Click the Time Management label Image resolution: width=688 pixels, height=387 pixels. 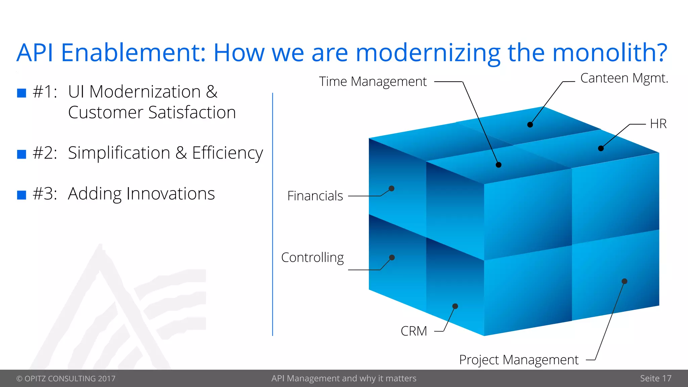pos(373,82)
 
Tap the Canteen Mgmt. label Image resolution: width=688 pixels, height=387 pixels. pos(624,78)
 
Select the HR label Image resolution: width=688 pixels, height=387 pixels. pos(658,124)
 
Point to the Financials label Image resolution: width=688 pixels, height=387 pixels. pos(315,196)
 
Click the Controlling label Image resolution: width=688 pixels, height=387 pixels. pos(312,258)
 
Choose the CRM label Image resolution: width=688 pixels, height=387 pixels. pos(414,331)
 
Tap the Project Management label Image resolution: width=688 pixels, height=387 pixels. pos(519,360)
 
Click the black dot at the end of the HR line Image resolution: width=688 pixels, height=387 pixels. pos(601,148)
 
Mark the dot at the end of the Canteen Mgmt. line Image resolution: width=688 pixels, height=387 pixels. pos(530,125)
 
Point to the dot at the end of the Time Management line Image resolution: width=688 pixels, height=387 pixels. pos(499,165)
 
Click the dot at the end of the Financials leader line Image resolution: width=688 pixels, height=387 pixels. pos(392,188)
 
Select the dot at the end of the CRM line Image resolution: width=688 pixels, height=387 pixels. pos(455,306)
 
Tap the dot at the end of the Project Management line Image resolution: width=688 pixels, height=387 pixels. pos(625,281)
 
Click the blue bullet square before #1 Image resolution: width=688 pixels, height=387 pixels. pos(21,93)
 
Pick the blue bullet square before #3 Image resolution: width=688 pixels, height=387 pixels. pos(21,195)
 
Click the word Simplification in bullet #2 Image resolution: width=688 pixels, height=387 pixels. pos(119,153)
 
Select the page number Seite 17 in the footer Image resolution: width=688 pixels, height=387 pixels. pos(655,378)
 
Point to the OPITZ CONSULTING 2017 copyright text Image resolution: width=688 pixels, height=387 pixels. pos(66,379)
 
